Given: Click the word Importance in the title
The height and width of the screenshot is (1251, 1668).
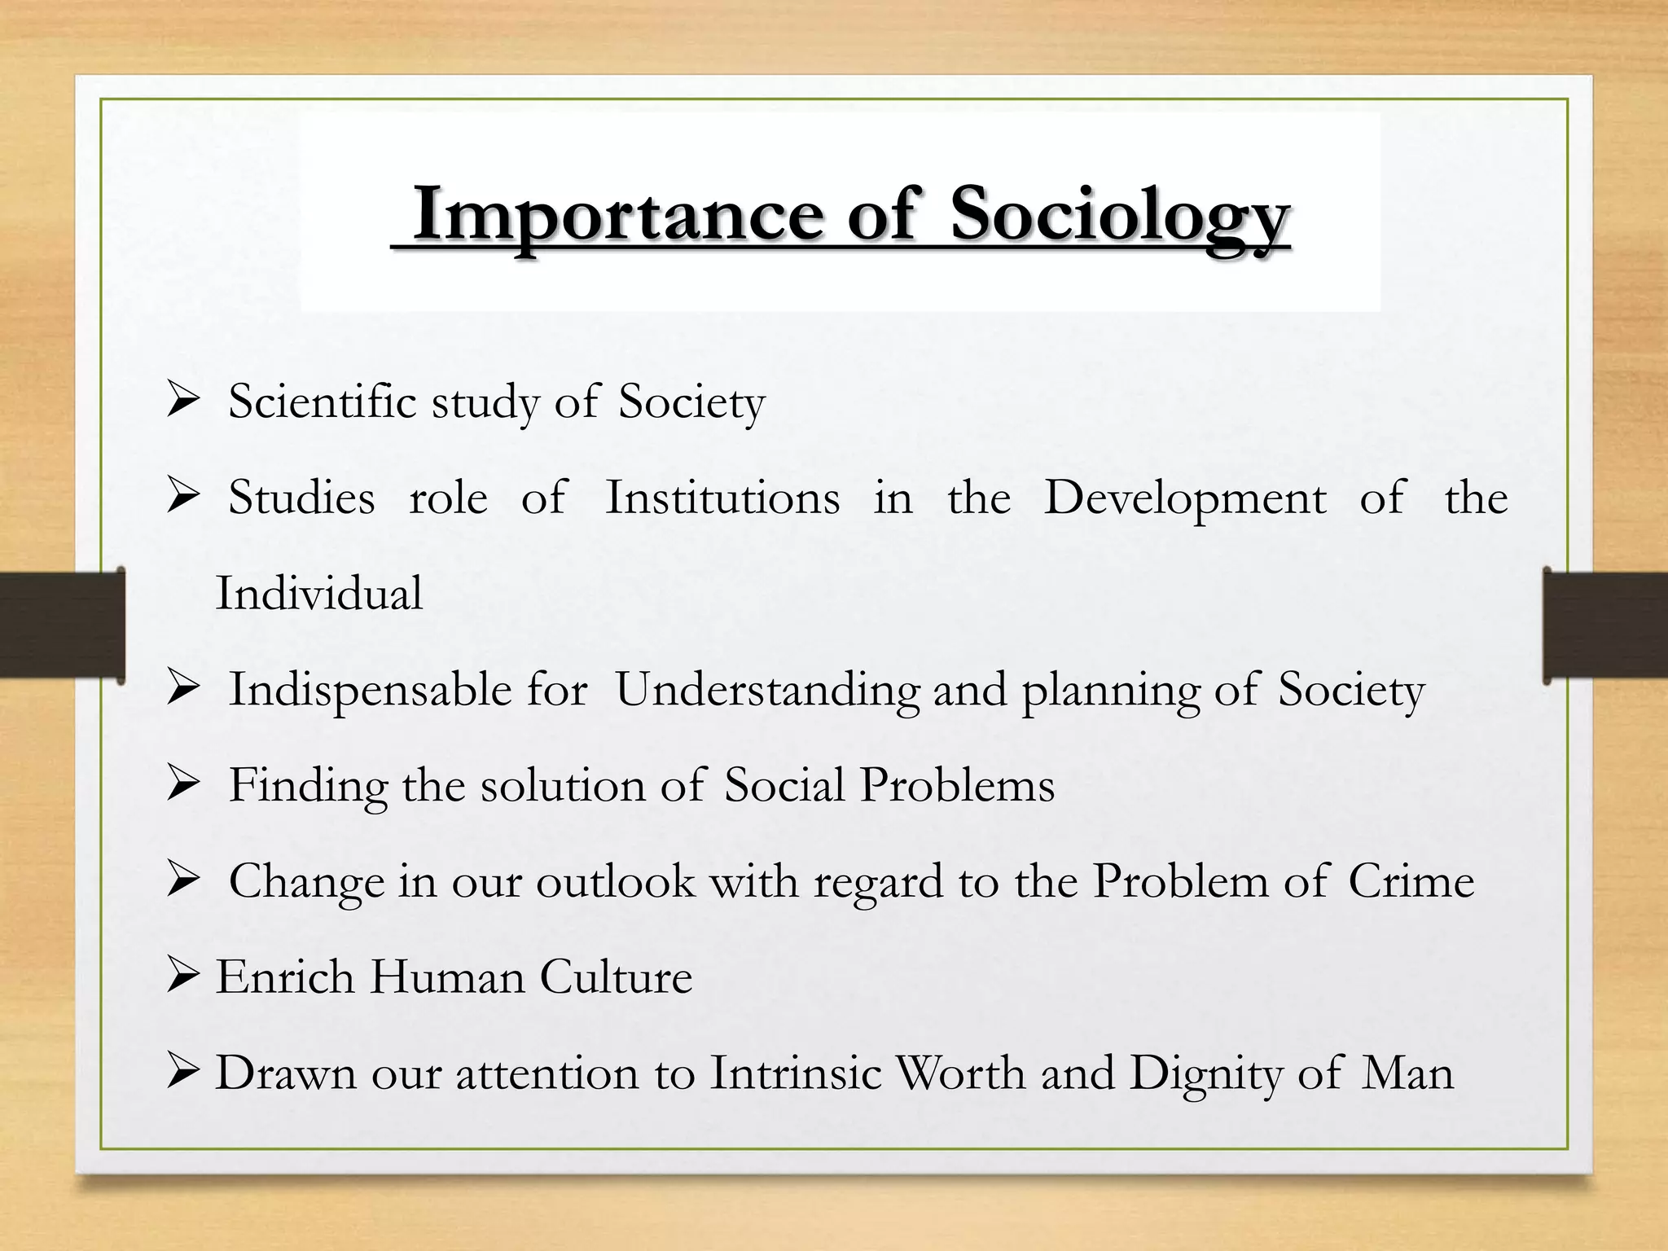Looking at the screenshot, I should (x=619, y=215).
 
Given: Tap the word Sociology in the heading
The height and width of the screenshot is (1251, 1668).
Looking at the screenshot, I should (x=1120, y=215).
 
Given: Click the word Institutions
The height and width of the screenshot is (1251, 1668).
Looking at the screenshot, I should (x=722, y=498).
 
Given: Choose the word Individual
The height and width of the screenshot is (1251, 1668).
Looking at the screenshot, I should (x=319, y=594).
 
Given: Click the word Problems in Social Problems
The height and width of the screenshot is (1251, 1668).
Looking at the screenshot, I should (x=957, y=786).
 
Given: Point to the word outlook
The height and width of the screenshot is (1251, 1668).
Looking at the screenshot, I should (x=615, y=881).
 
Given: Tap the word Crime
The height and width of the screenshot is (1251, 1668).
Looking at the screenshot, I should (x=1411, y=881).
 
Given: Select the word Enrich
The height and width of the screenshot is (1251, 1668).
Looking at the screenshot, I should (x=285, y=977).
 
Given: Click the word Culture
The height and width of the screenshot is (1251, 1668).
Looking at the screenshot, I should (x=616, y=977).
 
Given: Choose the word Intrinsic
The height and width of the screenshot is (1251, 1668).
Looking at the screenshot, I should (x=796, y=1073).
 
